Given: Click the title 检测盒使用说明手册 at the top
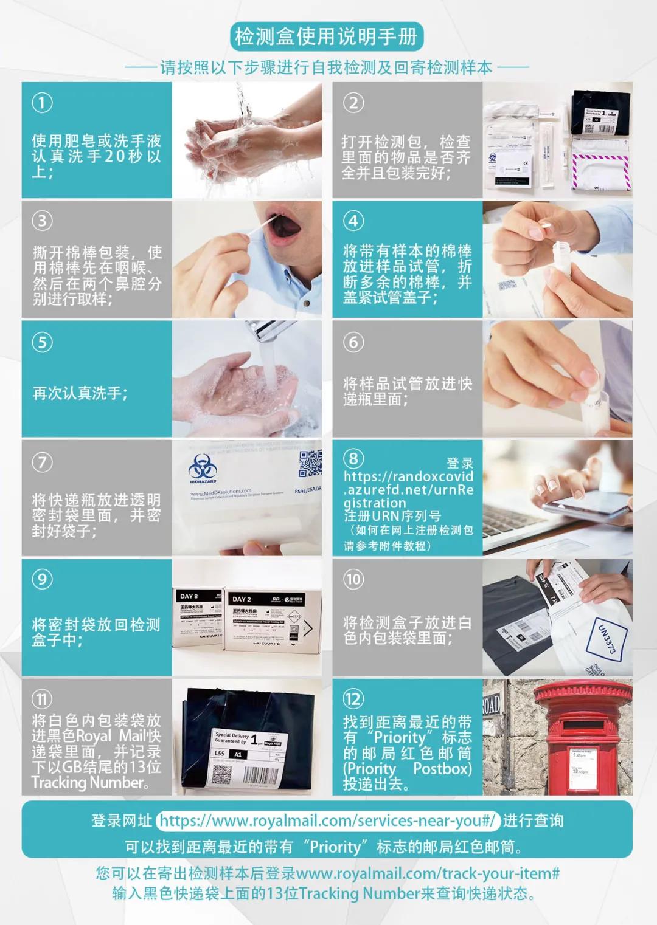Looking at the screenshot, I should pos(327,37).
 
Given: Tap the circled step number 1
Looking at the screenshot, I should pos(42,103).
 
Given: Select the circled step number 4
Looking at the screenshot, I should pos(353,220).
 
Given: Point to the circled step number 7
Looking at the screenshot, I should pos(42,462).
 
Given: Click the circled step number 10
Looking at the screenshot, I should pos(353,579).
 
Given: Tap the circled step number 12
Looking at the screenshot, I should pos(353,699).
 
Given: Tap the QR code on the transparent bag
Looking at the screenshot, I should pos(310,463).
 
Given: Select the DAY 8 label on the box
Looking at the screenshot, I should pos(189,596).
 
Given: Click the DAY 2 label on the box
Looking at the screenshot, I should pos(242,599).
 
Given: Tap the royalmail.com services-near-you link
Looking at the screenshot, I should pos(328,820).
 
